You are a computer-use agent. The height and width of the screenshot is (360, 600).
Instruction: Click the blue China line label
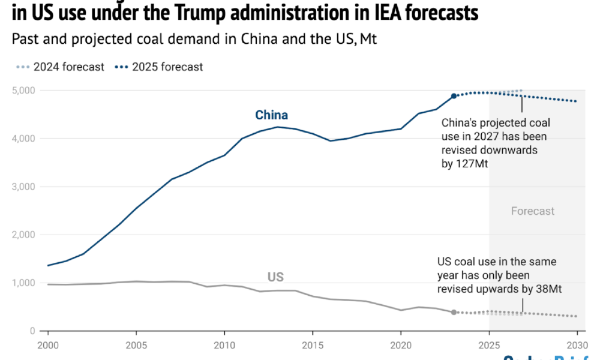[x=271, y=115]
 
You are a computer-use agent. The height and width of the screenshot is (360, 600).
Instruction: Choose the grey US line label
[x=275, y=277]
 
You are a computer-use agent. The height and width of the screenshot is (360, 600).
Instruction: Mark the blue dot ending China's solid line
[x=454, y=96]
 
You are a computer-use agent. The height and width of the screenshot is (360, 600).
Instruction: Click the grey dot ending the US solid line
[x=454, y=312]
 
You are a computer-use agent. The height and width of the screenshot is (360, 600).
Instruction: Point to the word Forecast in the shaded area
[x=533, y=211]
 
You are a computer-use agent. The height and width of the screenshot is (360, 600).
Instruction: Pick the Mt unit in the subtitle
[x=368, y=40]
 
